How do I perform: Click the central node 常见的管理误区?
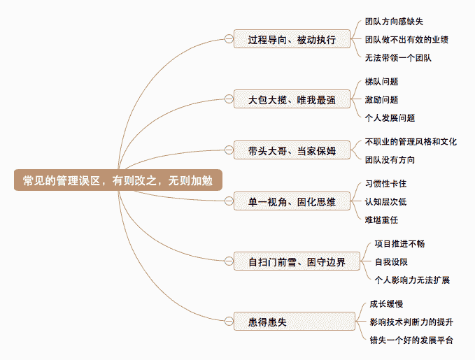[x=118, y=180]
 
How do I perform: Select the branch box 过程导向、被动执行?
[x=292, y=39]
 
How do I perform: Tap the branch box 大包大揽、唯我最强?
[x=292, y=100]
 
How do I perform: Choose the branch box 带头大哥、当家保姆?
[x=292, y=150]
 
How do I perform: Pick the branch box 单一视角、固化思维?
[x=292, y=203]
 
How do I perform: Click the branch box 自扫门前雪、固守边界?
[x=297, y=263]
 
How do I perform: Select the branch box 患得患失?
[x=269, y=322]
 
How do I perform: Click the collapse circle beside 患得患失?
[x=228, y=322]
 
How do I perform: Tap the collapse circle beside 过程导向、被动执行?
[x=228, y=39]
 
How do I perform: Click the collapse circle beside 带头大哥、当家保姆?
[x=228, y=150]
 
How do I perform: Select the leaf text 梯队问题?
[x=381, y=82]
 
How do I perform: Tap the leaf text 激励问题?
[x=381, y=100]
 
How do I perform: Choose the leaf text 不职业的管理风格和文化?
[x=411, y=141]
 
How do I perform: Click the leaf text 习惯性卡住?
[x=385, y=184]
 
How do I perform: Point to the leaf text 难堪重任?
[x=381, y=220]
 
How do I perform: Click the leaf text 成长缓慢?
[x=386, y=304]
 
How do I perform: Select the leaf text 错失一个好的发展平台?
[x=411, y=340]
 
